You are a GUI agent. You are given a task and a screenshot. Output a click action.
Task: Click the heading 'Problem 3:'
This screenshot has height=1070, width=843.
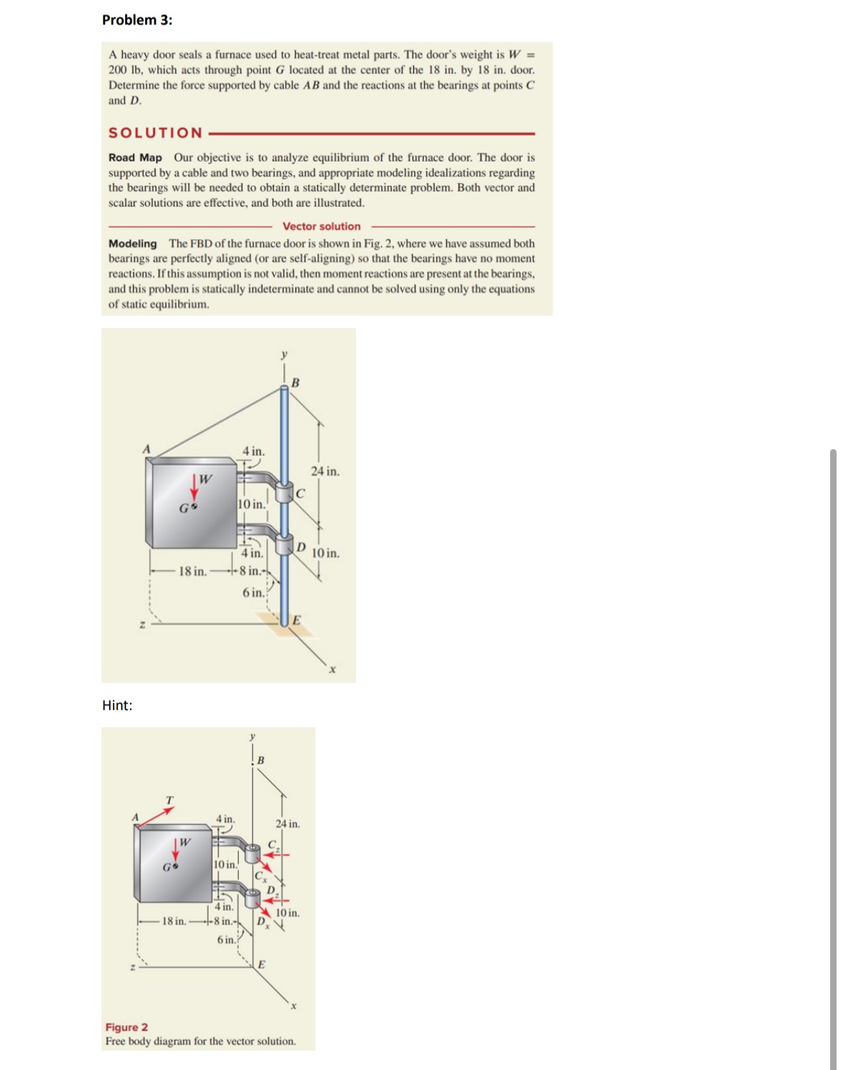137,20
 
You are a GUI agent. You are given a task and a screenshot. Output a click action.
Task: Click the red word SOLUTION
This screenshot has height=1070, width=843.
155,133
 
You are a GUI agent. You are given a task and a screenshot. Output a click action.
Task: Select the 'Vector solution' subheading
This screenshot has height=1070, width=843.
321,226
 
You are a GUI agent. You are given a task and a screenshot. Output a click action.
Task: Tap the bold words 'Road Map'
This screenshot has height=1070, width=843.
135,157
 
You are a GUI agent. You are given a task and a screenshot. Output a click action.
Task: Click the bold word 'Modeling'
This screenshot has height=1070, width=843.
132,243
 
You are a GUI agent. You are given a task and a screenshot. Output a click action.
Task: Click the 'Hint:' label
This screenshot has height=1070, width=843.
117,705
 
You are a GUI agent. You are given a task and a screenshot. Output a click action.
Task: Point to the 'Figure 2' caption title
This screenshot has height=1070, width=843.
127,1027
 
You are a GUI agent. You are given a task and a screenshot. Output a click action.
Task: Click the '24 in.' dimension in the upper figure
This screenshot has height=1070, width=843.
325,471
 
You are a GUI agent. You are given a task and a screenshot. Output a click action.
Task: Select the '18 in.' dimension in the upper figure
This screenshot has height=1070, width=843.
192,571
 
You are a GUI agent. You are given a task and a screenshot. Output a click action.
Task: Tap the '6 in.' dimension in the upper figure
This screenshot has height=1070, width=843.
252,592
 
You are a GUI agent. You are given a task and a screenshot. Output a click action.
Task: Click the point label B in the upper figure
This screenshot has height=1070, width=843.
295,383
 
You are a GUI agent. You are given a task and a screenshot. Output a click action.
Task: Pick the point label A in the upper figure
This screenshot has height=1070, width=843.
147,448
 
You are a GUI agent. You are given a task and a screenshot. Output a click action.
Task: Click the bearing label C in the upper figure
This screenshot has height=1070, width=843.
300,493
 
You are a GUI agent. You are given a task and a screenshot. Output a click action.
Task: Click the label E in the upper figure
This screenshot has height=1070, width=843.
297,619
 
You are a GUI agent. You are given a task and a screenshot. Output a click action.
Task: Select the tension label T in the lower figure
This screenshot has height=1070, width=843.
169,799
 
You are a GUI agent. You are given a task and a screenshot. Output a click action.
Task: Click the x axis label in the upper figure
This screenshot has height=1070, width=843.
332,670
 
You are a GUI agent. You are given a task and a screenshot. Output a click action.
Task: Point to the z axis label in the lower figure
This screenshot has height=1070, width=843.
132,968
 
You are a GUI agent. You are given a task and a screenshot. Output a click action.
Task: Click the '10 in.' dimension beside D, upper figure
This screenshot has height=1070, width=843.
325,553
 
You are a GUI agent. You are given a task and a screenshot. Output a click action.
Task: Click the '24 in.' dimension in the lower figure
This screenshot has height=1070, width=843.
287,824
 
